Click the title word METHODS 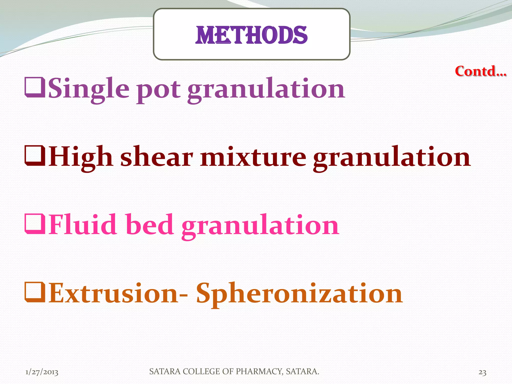[x=251, y=35]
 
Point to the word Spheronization [x=299, y=294]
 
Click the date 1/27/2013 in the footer [x=42, y=372]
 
